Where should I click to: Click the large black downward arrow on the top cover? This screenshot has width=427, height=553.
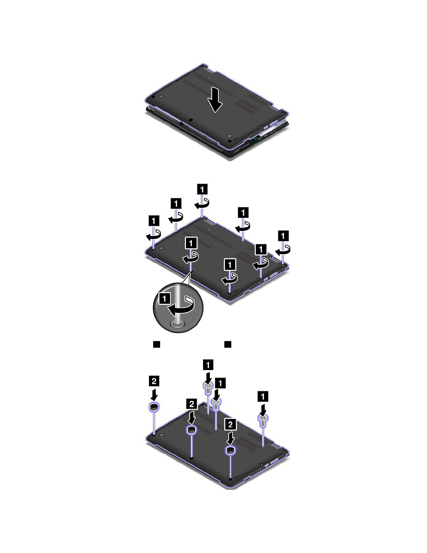pos(215,100)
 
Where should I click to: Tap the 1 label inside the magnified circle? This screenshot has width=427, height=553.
pos(164,298)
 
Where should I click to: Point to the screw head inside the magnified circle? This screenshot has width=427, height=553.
pos(178,324)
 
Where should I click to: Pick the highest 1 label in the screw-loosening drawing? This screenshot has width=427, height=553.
pos(202,189)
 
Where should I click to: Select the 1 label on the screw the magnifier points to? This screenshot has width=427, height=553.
pos(191,243)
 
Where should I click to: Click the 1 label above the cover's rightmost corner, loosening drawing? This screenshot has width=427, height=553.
pos(283,236)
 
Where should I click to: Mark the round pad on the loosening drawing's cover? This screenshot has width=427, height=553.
pos(161,248)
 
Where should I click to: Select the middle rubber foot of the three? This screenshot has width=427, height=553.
pos(191,430)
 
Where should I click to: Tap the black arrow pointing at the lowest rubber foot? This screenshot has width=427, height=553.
pos(230,438)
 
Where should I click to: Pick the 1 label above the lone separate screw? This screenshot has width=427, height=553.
pos(263,396)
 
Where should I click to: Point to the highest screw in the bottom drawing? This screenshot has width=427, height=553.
pos(208,386)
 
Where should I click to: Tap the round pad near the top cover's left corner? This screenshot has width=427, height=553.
pos(161,96)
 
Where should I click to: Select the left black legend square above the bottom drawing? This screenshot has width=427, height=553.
pos(157,345)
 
